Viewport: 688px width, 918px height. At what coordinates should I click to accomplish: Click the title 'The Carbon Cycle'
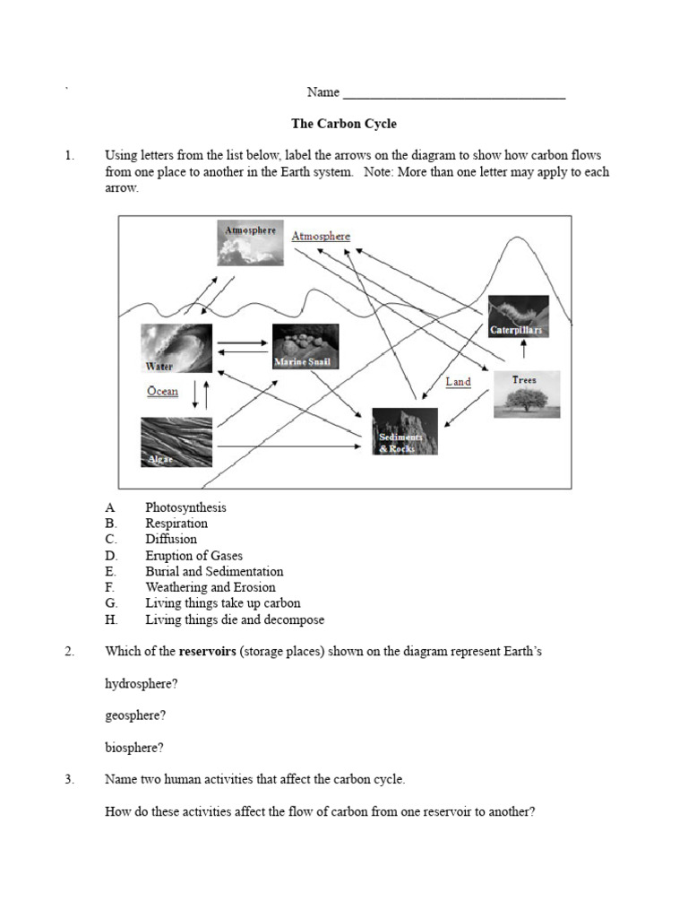344,124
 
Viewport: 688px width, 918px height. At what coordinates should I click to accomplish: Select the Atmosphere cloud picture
250,242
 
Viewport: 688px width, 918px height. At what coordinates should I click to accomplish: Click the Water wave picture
176,348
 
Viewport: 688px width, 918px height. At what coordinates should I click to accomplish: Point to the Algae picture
176,442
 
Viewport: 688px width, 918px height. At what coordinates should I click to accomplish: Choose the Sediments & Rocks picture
404,430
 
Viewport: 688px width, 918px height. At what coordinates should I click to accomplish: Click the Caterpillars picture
517,317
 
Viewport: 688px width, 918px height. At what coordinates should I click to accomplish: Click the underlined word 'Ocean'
162,392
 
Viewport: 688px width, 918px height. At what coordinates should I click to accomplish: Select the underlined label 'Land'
458,382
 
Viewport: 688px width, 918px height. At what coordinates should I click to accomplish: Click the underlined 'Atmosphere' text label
321,237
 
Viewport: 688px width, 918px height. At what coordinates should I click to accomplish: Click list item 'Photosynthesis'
185,507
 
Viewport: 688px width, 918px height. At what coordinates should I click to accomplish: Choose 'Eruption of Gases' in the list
193,556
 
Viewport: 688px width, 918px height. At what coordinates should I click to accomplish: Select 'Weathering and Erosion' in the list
211,588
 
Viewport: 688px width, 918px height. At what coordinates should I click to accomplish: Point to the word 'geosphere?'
135,715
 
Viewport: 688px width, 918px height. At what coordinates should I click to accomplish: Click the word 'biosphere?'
134,748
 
